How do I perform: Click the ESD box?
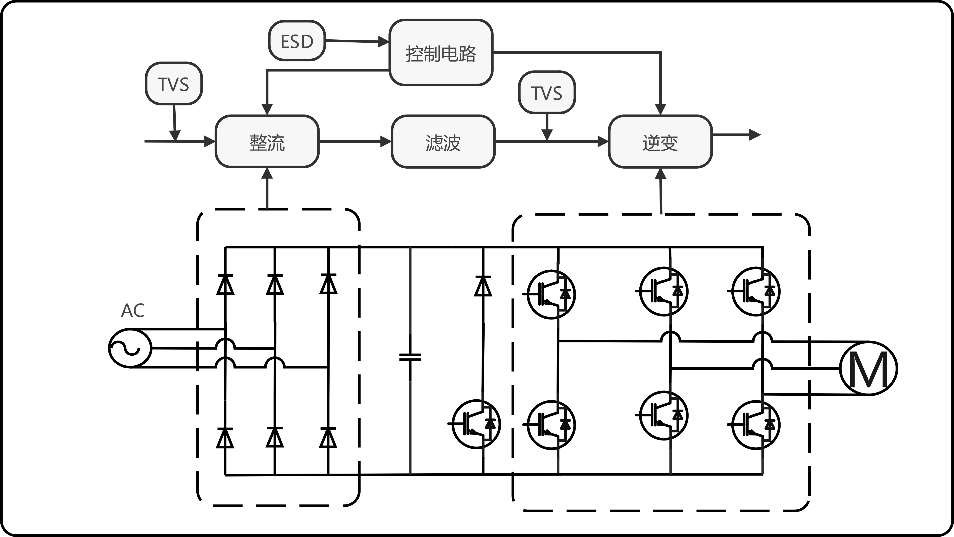(297, 41)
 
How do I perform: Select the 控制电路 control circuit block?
(441, 53)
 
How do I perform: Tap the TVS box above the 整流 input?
(173, 84)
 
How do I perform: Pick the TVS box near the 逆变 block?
(547, 92)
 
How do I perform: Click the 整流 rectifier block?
(267, 141)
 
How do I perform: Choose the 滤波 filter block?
(443, 141)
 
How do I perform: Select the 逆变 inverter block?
(660, 141)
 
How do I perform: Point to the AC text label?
(132, 311)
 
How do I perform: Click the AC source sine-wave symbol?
(130, 348)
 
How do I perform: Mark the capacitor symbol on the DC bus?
(410, 357)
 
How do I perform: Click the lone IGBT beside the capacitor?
(476, 424)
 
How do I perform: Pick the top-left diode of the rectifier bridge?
(225, 284)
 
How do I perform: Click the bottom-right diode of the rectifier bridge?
(328, 438)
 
